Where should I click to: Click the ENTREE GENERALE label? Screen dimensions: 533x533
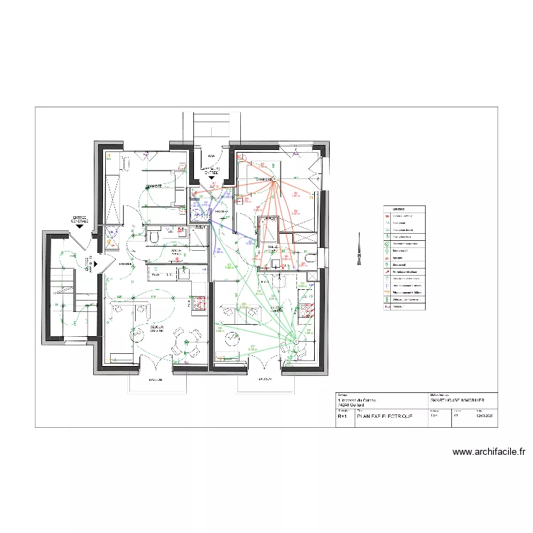point(79,220)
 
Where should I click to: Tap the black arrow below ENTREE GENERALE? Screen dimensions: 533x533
point(80,227)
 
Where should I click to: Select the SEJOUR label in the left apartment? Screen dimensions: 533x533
point(154,328)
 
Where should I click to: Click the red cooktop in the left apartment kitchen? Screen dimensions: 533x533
point(198,303)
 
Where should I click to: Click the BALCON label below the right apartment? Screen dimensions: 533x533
point(266,380)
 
